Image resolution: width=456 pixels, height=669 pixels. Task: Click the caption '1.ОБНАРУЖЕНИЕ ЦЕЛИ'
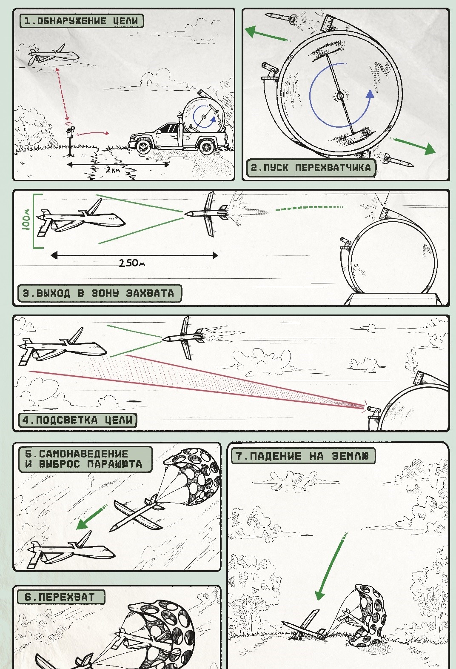(81, 21)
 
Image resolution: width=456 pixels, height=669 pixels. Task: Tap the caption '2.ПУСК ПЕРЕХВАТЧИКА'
(311, 168)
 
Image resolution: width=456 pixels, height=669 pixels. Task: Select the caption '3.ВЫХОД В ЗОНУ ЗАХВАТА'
(98, 293)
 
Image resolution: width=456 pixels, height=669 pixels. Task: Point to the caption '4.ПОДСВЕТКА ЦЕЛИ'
(77, 420)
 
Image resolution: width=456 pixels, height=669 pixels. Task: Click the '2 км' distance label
(113, 169)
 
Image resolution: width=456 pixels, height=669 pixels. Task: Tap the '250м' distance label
(131, 263)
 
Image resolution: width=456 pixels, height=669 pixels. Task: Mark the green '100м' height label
(26, 220)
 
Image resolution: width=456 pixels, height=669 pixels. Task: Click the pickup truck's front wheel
(143, 146)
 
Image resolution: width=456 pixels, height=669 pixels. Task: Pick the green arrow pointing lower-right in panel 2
(415, 145)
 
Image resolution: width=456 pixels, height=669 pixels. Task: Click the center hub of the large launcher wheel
(340, 96)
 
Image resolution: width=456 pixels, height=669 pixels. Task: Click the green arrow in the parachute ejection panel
(91, 517)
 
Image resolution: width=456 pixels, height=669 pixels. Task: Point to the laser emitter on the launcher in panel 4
(373, 409)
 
